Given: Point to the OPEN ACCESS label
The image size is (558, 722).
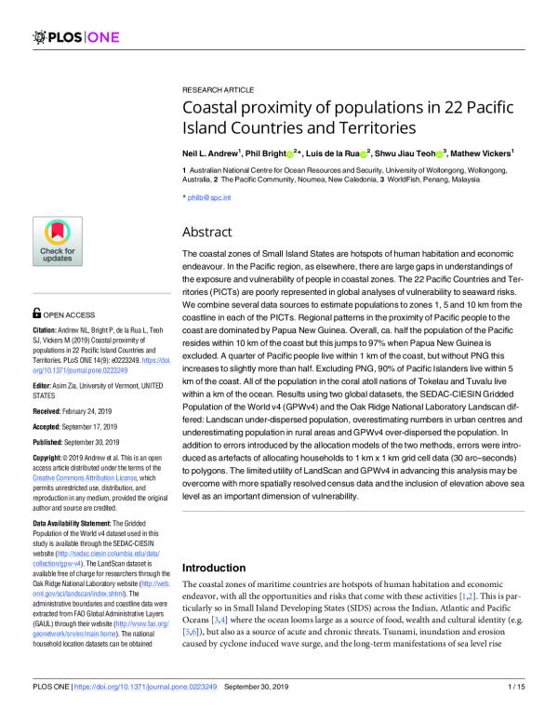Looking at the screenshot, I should [x=67, y=314].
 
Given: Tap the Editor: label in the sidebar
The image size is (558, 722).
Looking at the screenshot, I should [x=43, y=384].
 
